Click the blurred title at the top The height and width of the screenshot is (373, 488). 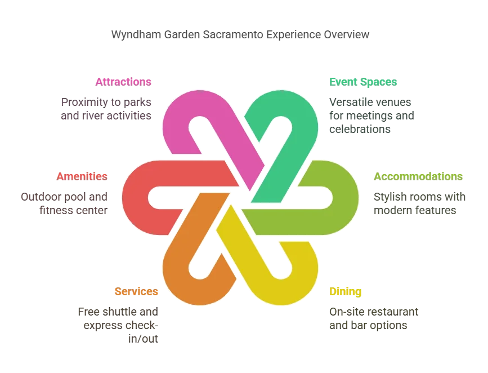[240, 35]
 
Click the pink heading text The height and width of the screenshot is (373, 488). [124, 81]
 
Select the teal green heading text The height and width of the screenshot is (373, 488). [364, 81]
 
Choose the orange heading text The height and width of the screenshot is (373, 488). [137, 292]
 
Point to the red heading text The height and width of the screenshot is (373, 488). [82, 176]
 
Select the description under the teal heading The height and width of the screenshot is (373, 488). [371, 116]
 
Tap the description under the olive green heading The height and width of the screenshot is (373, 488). [417, 205]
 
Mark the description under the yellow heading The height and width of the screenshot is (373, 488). [373, 317]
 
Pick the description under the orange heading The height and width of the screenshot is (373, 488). [119, 324]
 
